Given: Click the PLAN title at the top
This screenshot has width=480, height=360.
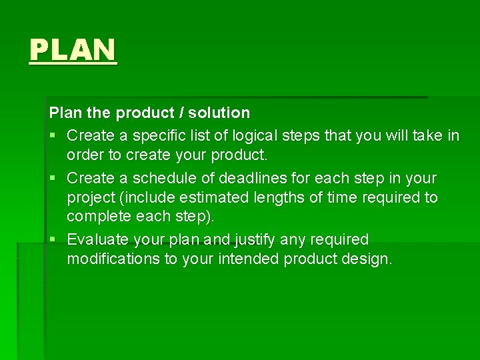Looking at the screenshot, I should click(73, 50).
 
